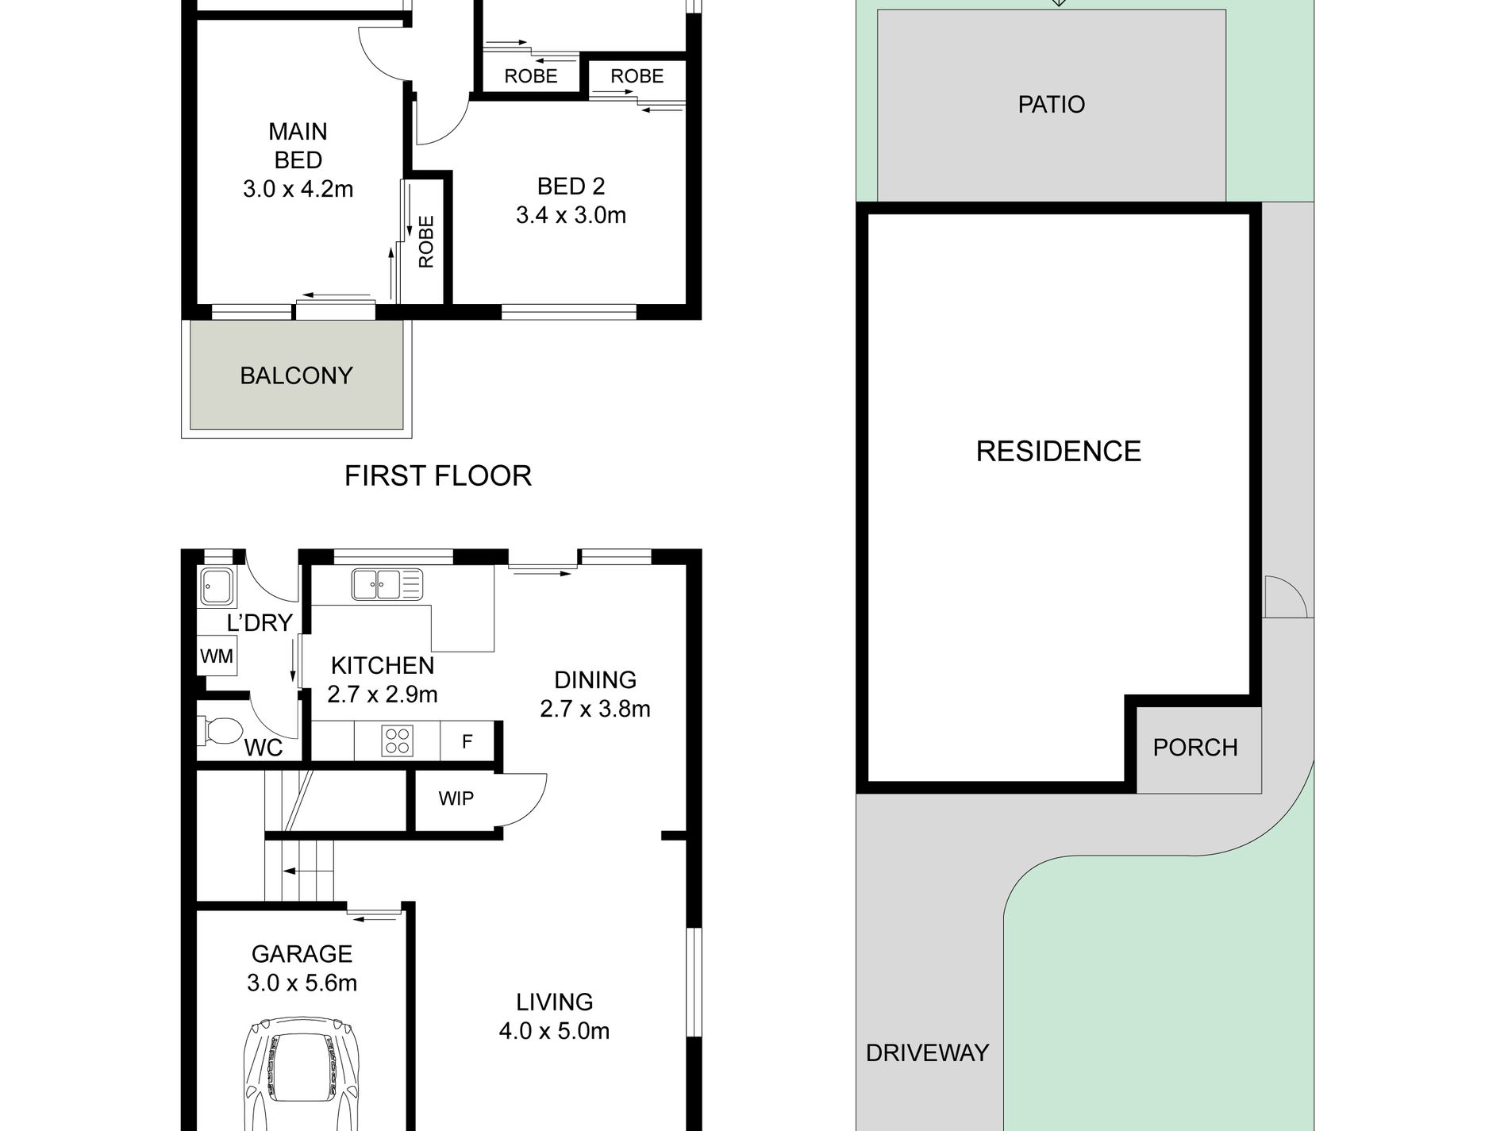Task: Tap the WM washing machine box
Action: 217,656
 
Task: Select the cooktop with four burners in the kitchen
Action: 397,741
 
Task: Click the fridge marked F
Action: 467,741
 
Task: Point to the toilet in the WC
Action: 221,731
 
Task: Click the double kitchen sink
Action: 387,584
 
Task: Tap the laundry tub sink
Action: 216,587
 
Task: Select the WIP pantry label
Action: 456,798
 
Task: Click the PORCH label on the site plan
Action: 1195,748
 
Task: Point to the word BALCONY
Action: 297,375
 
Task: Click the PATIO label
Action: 1052,105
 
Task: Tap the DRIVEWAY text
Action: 927,1053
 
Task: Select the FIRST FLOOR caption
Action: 438,476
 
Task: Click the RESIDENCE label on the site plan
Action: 1059,452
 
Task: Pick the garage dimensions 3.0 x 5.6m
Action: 302,983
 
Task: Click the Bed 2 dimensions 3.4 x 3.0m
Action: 571,215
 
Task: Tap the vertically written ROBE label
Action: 426,242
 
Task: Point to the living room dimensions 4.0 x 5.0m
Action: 555,1031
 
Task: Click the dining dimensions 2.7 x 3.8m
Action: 595,709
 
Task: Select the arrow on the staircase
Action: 300,871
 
